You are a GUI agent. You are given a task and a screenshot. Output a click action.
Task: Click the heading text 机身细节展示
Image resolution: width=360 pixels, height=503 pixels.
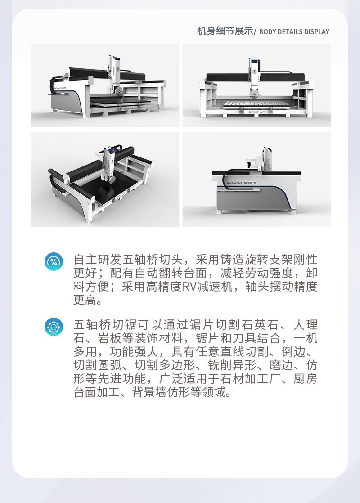point(225,31)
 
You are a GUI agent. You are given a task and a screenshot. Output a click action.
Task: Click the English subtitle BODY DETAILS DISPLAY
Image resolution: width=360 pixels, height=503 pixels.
point(294,32)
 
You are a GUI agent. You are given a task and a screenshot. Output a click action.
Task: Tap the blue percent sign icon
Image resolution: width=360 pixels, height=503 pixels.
point(54,261)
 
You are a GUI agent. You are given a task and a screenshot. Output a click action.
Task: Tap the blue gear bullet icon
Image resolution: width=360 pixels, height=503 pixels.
point(54,327)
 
